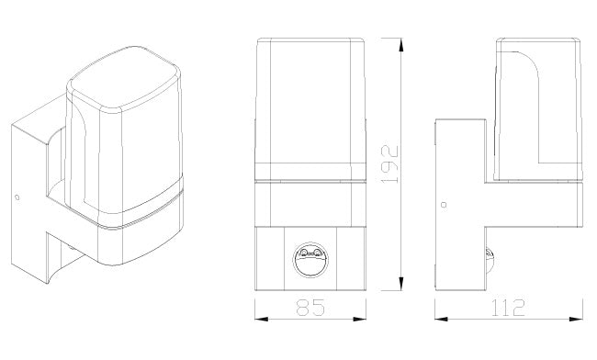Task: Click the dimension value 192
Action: coord(389,164)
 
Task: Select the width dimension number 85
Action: coord(310,308)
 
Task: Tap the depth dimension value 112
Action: coord(508,308)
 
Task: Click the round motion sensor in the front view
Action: coord(310,260)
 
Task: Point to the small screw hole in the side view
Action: coord(444,205)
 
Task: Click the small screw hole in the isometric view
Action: coord(17,197)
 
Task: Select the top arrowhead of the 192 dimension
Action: coord(400,44)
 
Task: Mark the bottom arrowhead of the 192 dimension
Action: coord(400,284)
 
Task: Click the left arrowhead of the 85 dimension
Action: coord(261,319)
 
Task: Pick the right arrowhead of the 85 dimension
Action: coord(359,319)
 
